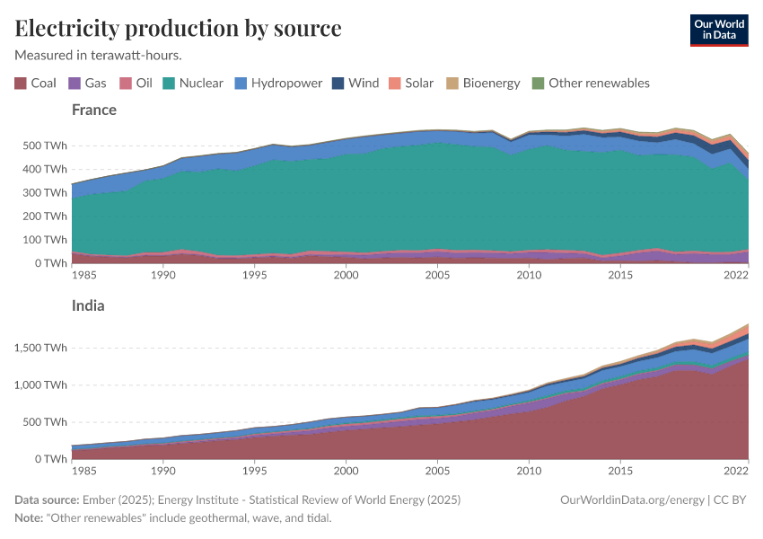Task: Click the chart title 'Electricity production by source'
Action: (178, 28)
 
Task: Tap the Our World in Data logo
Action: (718, 30)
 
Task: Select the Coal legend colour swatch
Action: (21, 84)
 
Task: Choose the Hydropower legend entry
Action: (278, 84)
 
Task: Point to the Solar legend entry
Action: (411, 84)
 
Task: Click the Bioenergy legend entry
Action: (483, 84)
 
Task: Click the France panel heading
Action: (94, 110)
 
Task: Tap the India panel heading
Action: (88, 305)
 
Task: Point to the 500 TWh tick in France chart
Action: (42, 146)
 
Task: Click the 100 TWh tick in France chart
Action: (42, 240)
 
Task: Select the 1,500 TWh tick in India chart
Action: (37, 348)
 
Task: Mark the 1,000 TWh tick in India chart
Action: (37, 384)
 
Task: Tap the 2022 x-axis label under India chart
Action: (737, 470)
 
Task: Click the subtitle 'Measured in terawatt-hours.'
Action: (99, 55)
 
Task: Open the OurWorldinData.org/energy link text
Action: (631, 499)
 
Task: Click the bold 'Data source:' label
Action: (46, 499)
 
